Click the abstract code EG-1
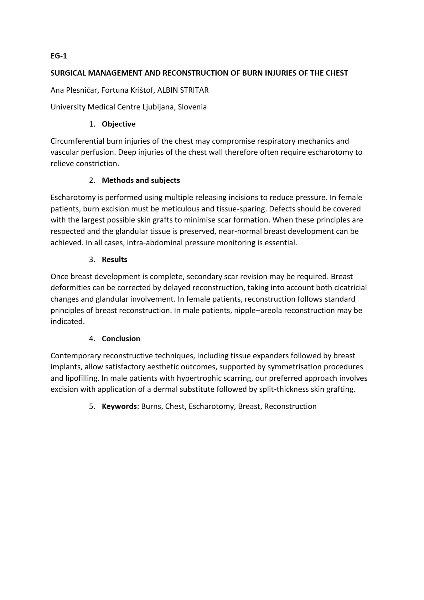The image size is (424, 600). [59, 56]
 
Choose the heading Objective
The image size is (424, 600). [119, 124]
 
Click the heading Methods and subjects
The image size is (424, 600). [141, 180]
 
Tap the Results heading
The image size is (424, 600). [114, 260]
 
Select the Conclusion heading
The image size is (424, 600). [121, 339]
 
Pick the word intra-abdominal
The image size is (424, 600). [152, 243]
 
